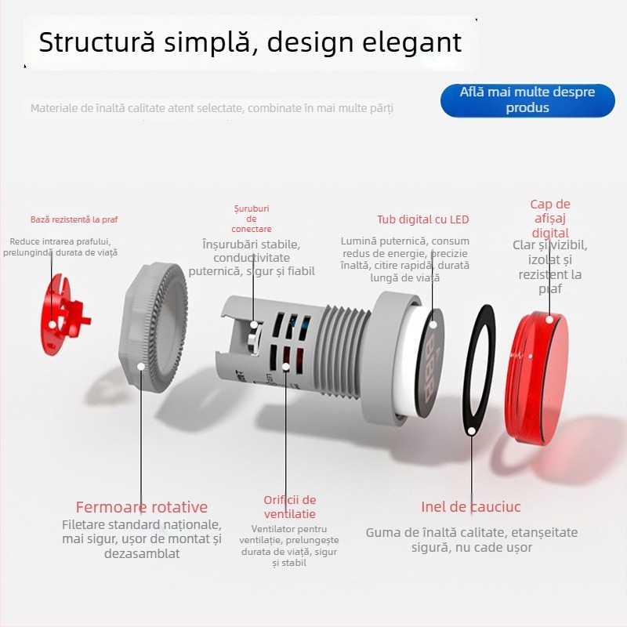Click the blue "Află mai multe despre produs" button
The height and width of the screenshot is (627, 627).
coord(527,100)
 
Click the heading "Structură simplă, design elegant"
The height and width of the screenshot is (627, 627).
coord(250,42)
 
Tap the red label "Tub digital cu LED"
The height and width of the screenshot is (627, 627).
coord(422,219)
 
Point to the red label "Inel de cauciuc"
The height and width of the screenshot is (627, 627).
coord(471,507)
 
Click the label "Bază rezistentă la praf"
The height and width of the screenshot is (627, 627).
coord(74,219)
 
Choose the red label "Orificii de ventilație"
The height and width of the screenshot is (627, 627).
coord(290,507)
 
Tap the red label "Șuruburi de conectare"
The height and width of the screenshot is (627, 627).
coord(251,219)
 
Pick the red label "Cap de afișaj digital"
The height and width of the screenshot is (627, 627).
coord(550,219)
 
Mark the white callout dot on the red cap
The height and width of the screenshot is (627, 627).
coord(550,319)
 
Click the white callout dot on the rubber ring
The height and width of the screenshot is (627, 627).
coord(471,429)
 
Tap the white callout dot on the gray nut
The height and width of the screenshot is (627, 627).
coord(141,365)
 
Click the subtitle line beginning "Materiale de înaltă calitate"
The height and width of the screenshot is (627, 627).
coord(212,108)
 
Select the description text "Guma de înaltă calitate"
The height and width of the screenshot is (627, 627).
coord(471,533)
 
